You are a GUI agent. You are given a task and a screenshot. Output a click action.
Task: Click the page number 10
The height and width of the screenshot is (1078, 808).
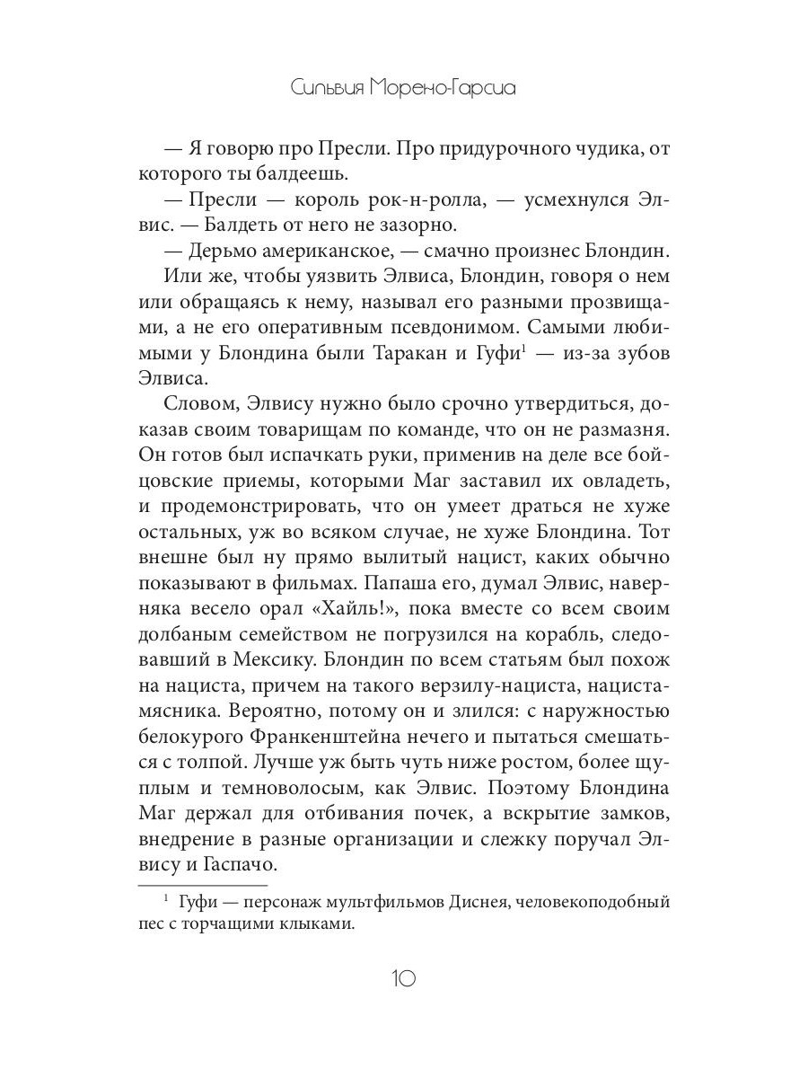pos(403,978)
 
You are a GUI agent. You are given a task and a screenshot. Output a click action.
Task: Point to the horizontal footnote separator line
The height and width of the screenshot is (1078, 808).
pos(204,885)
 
